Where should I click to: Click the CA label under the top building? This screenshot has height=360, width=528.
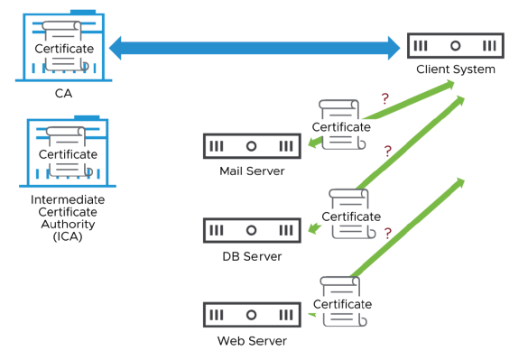click(61, 91)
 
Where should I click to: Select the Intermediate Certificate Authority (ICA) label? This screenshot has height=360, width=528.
click(67, 217)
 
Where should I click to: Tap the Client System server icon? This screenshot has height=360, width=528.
click(455, 45)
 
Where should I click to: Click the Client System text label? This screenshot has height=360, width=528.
click(455, 69)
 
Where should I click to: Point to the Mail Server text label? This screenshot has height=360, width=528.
click(252, 171)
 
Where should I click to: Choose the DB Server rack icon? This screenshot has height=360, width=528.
click(252, 231)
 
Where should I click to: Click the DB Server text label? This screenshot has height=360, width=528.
click(252, 256)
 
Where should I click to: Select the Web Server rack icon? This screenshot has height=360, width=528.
click(252, 316)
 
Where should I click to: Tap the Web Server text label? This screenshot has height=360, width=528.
click(252, 341)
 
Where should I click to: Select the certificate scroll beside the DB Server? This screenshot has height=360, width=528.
click(350, 215)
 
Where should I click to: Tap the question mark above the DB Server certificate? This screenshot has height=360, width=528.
click(388, 152)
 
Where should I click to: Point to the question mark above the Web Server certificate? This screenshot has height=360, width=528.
click(388, 233)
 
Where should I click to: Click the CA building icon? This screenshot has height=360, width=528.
click(62, 45)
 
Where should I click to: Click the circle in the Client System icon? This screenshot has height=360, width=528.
click(455, 45)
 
